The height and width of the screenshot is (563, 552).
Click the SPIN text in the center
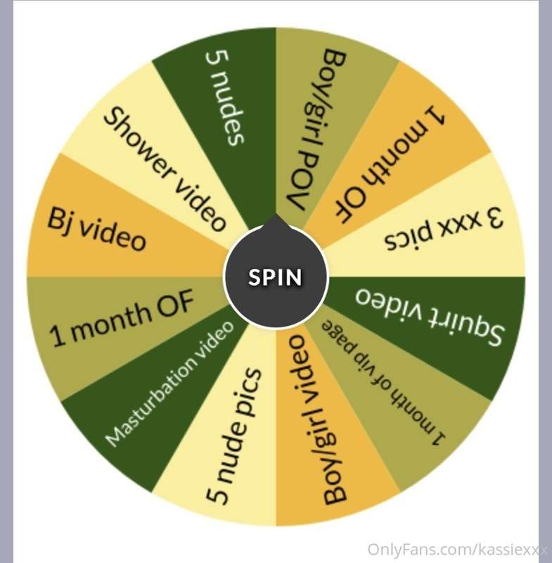[x=275, y=277]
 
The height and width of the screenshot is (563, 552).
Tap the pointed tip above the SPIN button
[x=276, y=215]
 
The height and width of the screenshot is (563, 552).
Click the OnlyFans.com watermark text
[x=457, y=550]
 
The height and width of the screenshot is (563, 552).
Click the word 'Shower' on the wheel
[x=141, y=143]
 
